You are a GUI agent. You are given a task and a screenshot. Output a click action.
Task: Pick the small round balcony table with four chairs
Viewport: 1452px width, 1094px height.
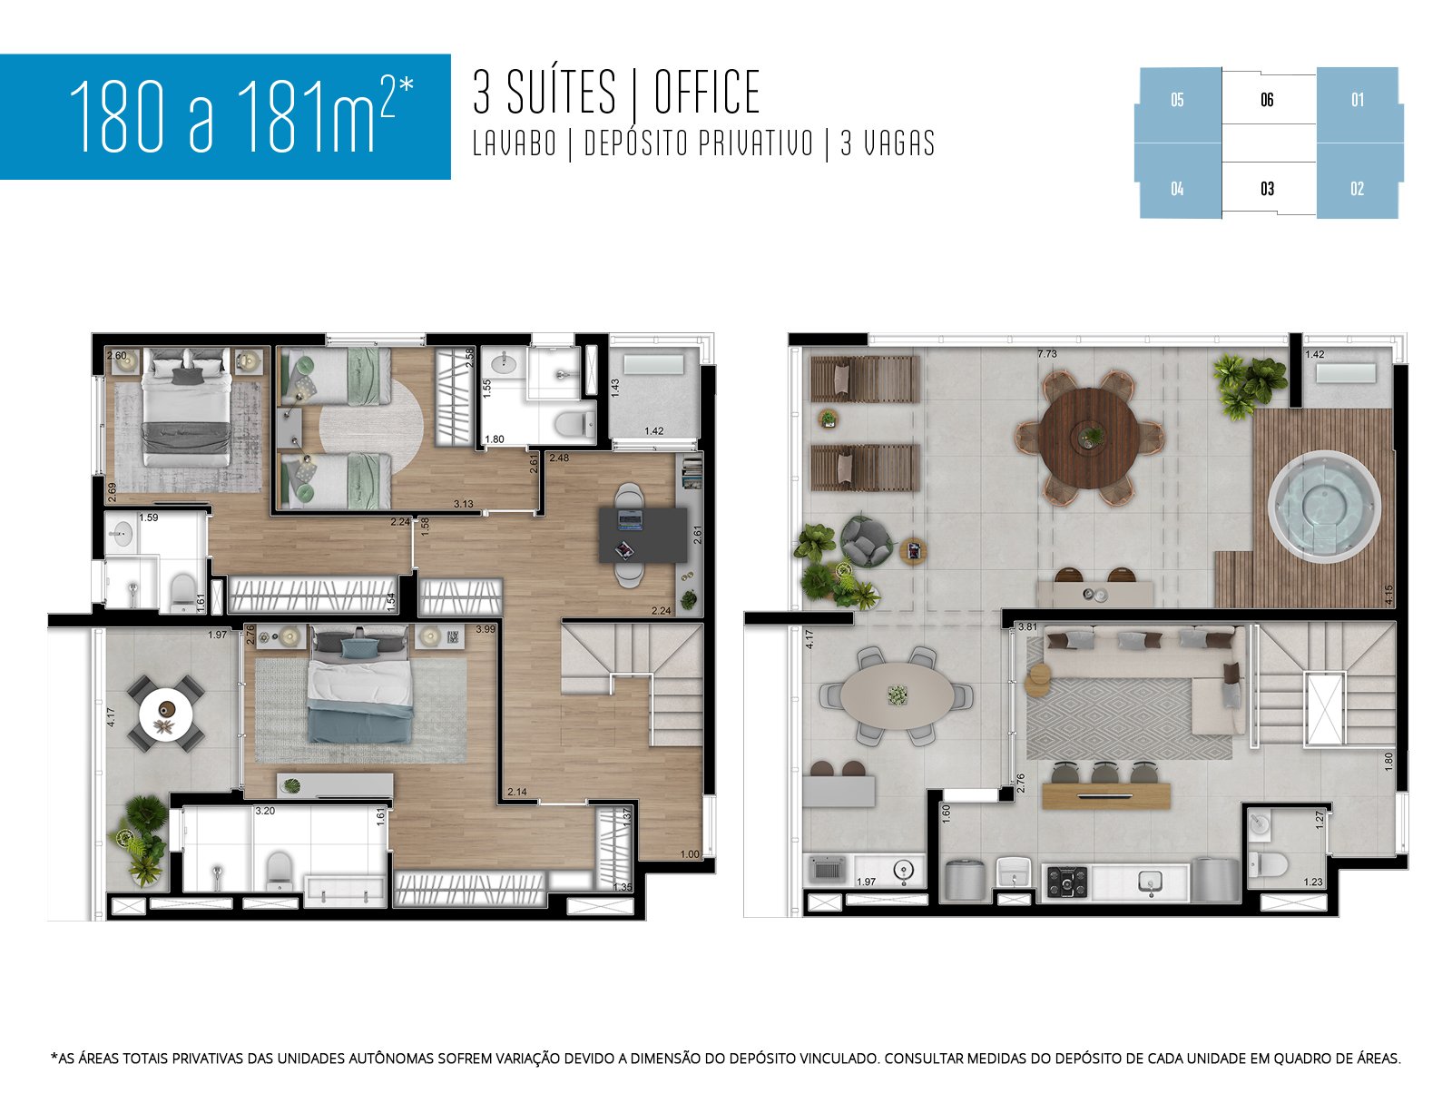(165, 713)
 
